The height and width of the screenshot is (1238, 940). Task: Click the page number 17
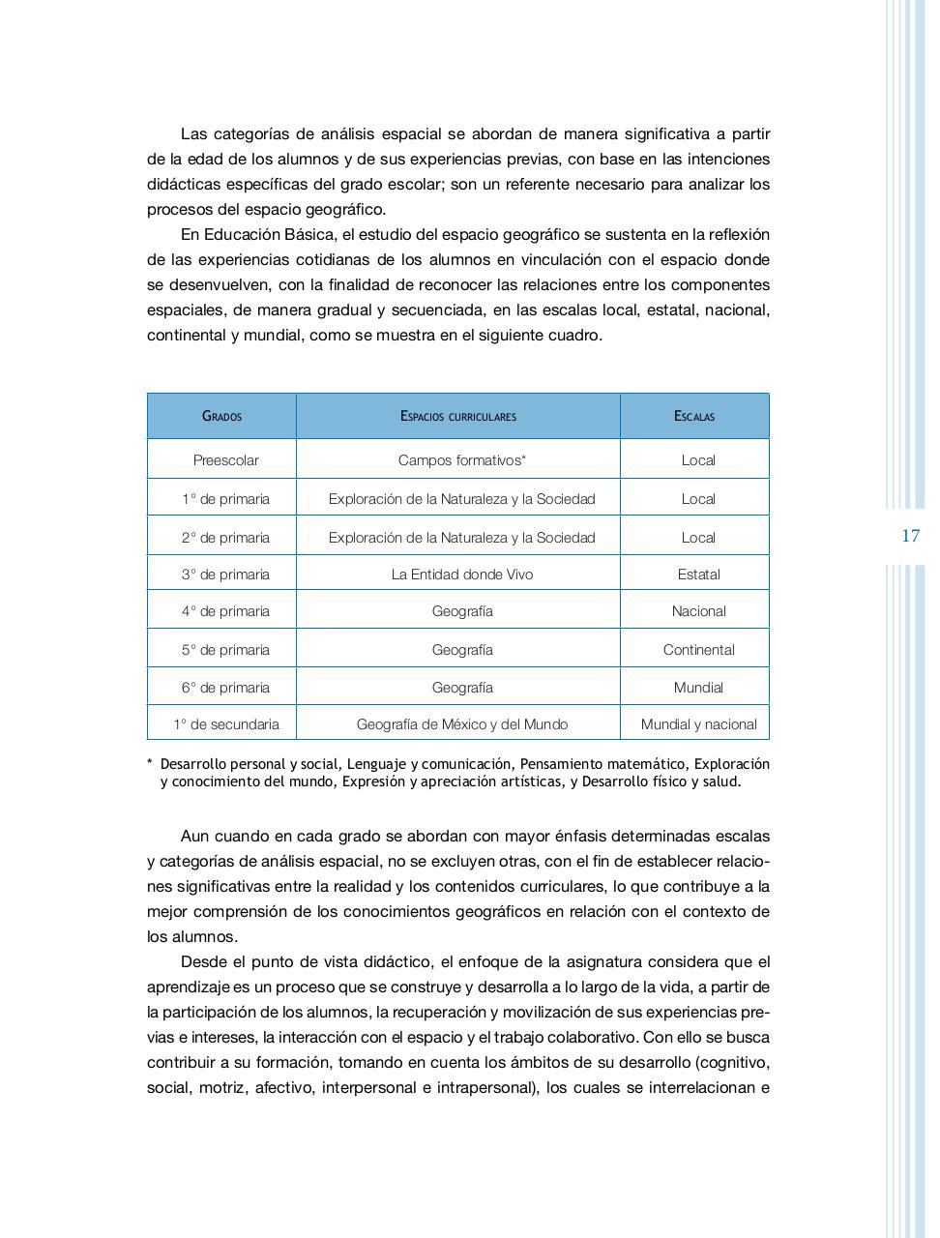click(x=910, y=536)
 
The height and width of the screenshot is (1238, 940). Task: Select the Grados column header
click(x=221, y=416)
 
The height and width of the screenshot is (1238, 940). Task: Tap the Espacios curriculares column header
click(x=458, y=416)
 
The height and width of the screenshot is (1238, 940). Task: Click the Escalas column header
click(x=694, y=416)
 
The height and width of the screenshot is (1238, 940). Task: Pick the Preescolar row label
click(x=225, y=460)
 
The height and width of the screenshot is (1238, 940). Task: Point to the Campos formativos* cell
click(x=462, y=460)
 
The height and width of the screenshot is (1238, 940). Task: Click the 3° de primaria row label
click(x=225, y=575)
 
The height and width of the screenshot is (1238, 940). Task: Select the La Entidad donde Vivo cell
click(x=462, y=575)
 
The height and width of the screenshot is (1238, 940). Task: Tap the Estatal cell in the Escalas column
click(x=698, y=575)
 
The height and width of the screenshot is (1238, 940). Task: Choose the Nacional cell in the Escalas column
click(x=698, y=611)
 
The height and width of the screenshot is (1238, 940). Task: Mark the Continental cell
click(x=698, y=650)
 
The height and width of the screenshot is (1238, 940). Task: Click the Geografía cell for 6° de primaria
click(x=462, y=688)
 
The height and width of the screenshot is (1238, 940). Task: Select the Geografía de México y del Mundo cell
click(x=462, y=724)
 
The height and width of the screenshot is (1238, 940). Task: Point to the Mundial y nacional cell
click(x=698, y=724)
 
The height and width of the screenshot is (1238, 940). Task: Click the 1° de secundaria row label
click(x=226, y=724)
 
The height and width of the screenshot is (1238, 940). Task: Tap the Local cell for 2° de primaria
click(x=698, y=538)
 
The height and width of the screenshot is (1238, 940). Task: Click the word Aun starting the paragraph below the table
click(x=195, y=836)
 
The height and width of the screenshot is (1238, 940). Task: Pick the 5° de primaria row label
click(x=225, y=650)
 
